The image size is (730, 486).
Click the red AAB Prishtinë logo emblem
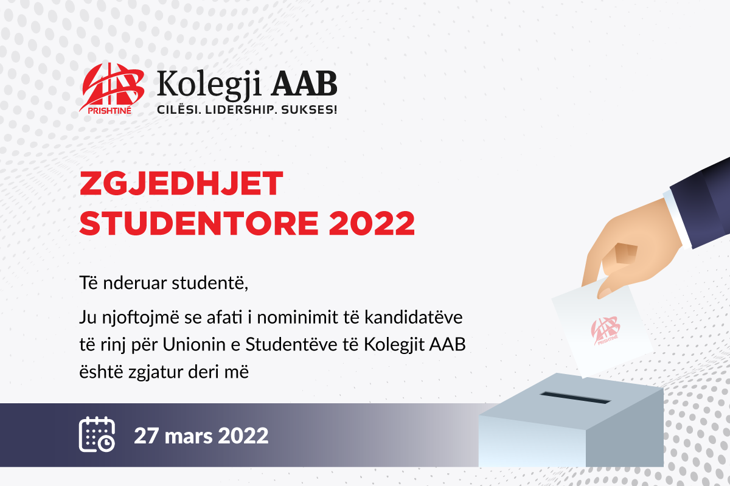[x=111, y=88]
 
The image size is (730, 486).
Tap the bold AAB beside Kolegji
[x=304, y=83]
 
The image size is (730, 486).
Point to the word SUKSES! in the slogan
[x=309, y=109]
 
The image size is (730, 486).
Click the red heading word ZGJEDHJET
[x=181, y=183]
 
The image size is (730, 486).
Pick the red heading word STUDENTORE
[x=199, y=223]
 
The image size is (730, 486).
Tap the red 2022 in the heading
[x=372, y=223]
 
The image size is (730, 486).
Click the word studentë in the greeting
[x=210, y=283]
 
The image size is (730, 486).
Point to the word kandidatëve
[x=413, y=318]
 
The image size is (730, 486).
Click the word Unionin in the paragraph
[x=194, y=344]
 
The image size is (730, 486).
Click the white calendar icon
[x=97, y=434]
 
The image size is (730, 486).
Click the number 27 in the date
[x=147, y=436]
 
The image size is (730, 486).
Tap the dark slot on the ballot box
[x=575, y=398]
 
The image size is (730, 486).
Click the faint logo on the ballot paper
[x=605, y=330]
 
